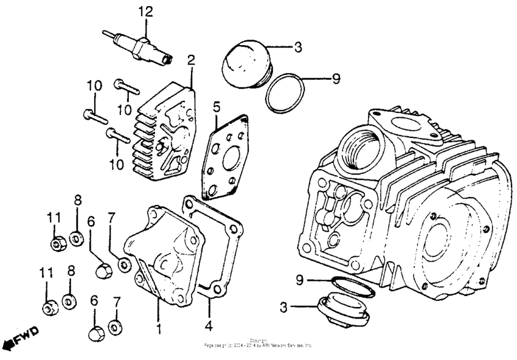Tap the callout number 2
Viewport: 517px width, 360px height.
[x=190, y=60]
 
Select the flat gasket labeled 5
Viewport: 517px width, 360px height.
[x=226, y=156]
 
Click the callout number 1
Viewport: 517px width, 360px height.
[x=159, y=329]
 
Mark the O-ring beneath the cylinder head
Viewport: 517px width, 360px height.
[x=353, y=287]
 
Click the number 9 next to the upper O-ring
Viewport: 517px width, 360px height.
[x=336, y=79]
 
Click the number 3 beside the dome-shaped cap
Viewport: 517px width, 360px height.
[x=299, y=46]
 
